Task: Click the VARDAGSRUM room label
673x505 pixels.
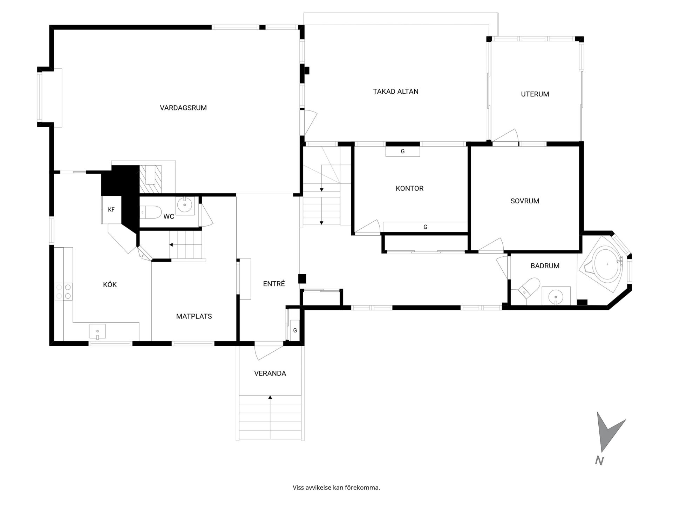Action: tap(183, 108)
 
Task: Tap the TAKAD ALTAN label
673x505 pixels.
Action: tap(396, 92)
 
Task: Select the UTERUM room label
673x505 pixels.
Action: tap(535, 94)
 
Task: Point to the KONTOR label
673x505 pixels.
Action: tap(409, 188)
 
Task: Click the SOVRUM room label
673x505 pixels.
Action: tap(525, 201)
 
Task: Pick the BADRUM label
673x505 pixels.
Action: tap(545, 266)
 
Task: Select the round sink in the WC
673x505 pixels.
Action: tap(185, 205)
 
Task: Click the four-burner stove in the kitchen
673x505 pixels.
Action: tap(63, 291)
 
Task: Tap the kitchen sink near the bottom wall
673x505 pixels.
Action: tap(97, 332)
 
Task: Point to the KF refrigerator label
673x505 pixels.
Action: tap(111, 210)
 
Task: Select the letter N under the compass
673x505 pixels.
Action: tap(599, 461)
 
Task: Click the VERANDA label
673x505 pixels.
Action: tap(270, 373)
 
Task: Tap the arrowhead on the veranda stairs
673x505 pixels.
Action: tap(270, 397)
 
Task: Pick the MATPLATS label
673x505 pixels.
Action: tap(194, 316)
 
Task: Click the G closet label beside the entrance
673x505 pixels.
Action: tap(295, 330)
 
